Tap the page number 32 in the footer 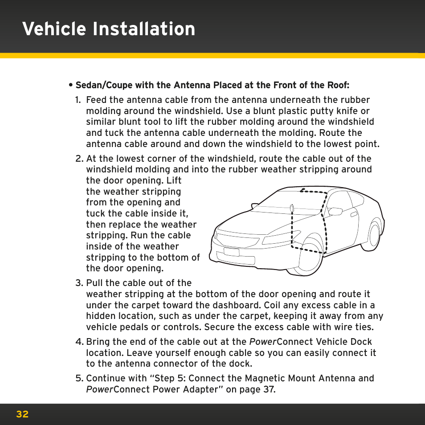[x=22, y=414]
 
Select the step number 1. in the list [x=79, y=100]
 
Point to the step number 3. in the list [x=79, y=283]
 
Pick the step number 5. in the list [x=79, y=378]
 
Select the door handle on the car [x=354, y=214]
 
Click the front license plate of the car [x=232, y=252]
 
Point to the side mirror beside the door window [x=335, y=211]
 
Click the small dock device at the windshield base [x=292, y=208]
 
